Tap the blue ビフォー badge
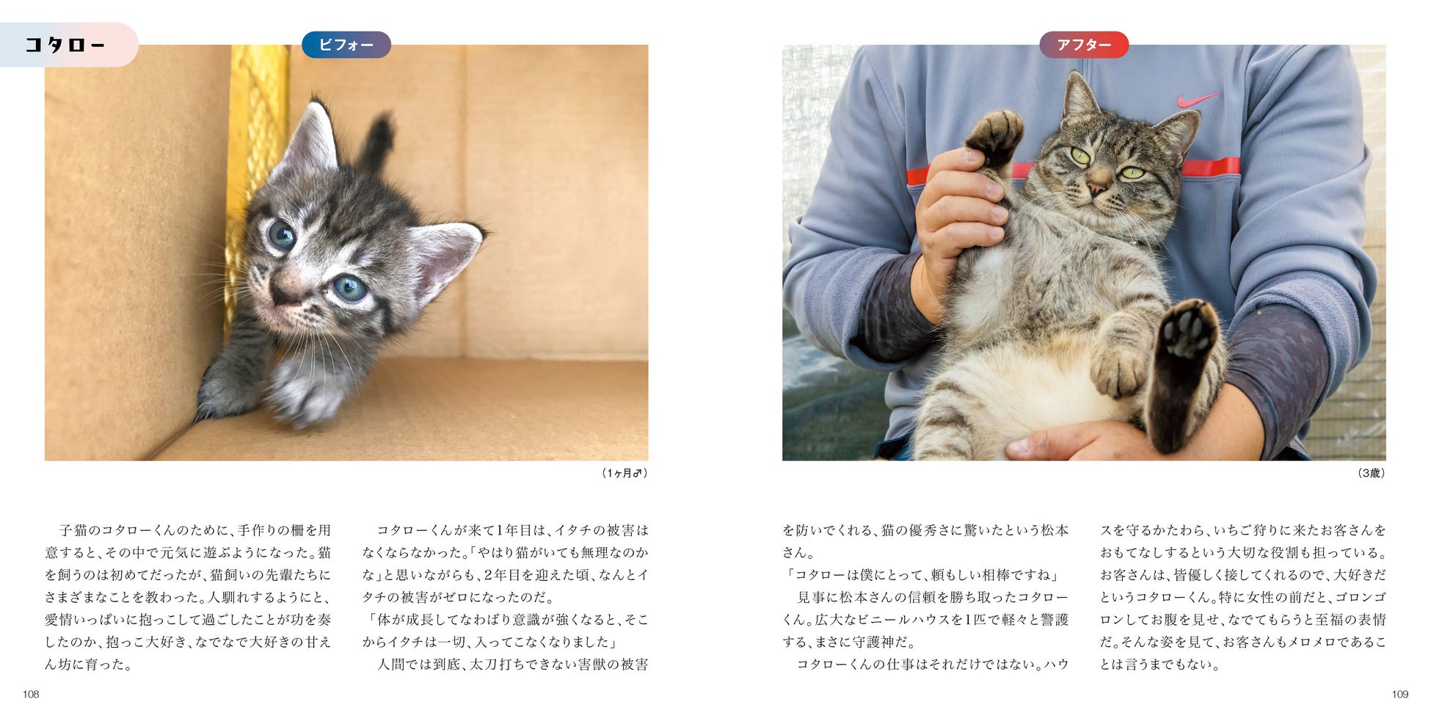346,45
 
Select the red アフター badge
1084,45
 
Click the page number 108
31,695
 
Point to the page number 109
1399,695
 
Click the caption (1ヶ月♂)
624,474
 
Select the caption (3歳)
1371,474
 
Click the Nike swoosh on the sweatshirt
1198,99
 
